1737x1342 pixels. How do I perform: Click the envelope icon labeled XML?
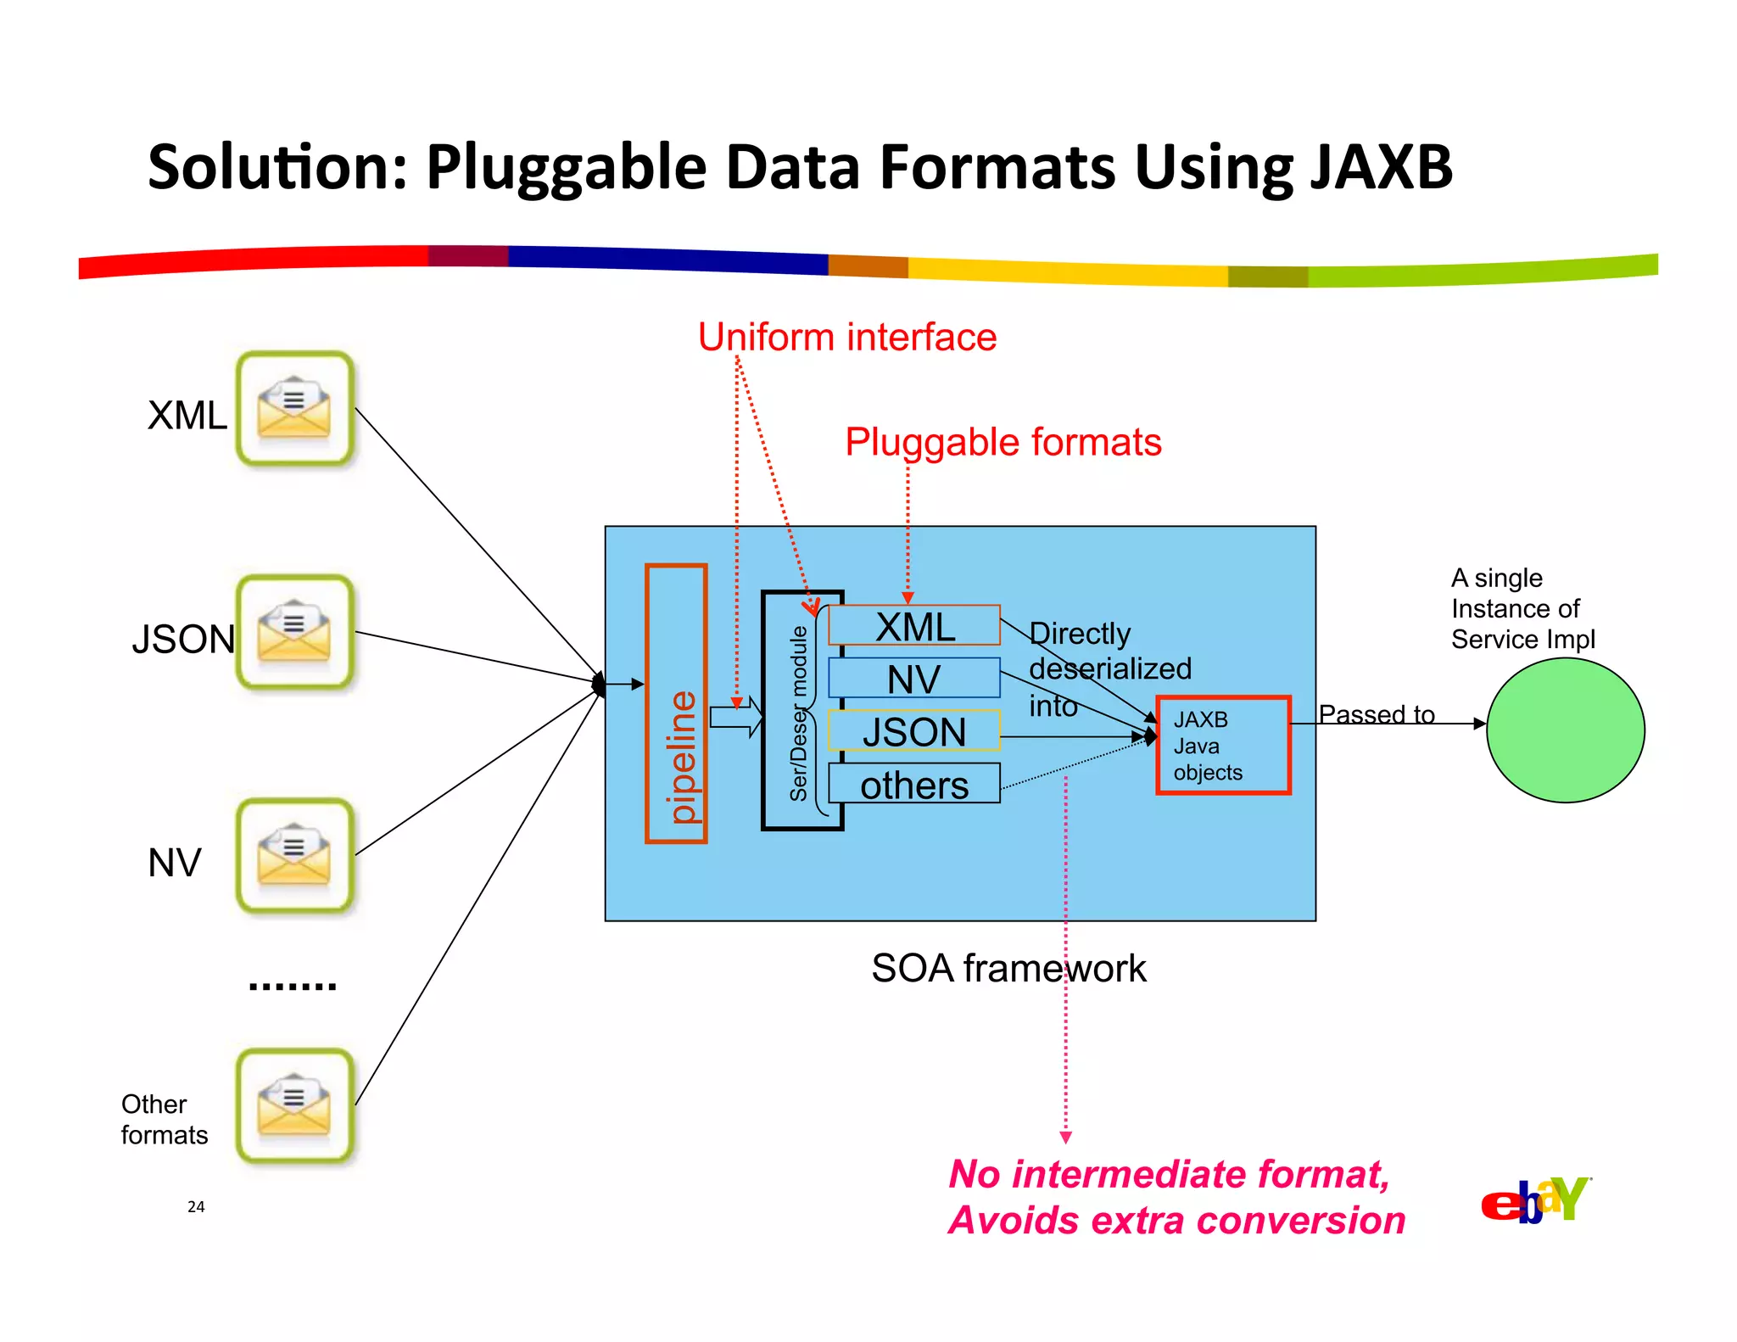294,409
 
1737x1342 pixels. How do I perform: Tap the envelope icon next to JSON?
294,633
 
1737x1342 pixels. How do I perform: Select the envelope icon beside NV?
294,856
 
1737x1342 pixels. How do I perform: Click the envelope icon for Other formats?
294,1105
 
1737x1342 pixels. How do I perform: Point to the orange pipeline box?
677,703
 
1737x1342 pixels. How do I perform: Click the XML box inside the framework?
914,626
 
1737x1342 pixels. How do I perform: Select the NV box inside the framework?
914,679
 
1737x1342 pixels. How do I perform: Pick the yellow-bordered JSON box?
914,731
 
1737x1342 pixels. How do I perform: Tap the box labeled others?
914,784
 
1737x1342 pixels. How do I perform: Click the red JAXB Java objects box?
1223,746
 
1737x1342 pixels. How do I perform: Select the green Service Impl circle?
1565,730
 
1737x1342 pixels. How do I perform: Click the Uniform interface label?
846,337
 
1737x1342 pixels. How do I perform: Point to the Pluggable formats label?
1003,442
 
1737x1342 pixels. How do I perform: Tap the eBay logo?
1535,1201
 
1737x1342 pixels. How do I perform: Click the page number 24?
196,1206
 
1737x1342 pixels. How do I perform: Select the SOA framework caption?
1008,968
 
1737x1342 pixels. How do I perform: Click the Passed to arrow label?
1376,713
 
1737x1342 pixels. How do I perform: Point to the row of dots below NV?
293,986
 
